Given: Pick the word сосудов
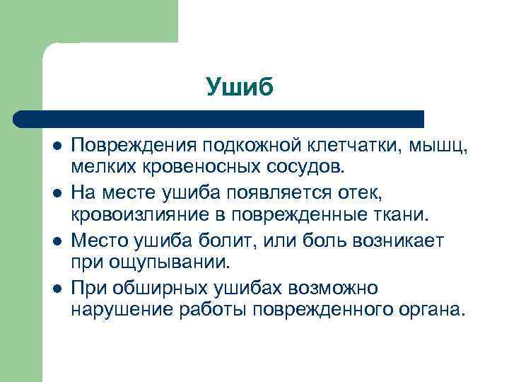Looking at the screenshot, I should click(308, 168).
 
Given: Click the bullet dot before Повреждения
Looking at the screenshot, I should click(56, 146).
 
